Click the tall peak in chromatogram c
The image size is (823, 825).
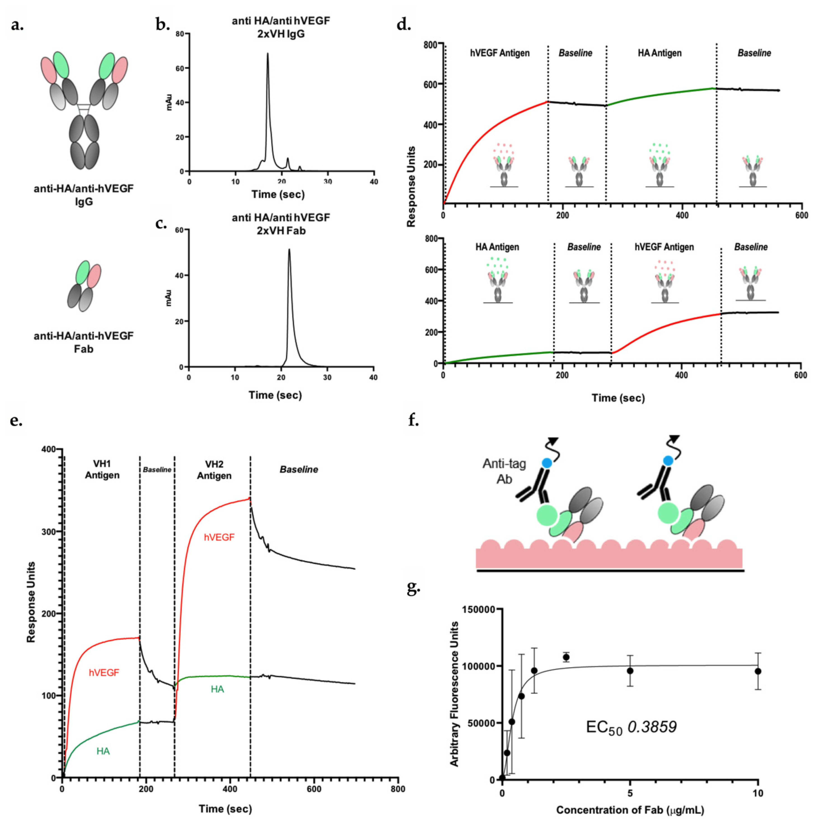pos(289,250)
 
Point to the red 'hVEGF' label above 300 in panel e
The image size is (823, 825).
pos(219,537)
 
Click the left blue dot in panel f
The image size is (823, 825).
pos(547,462)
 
